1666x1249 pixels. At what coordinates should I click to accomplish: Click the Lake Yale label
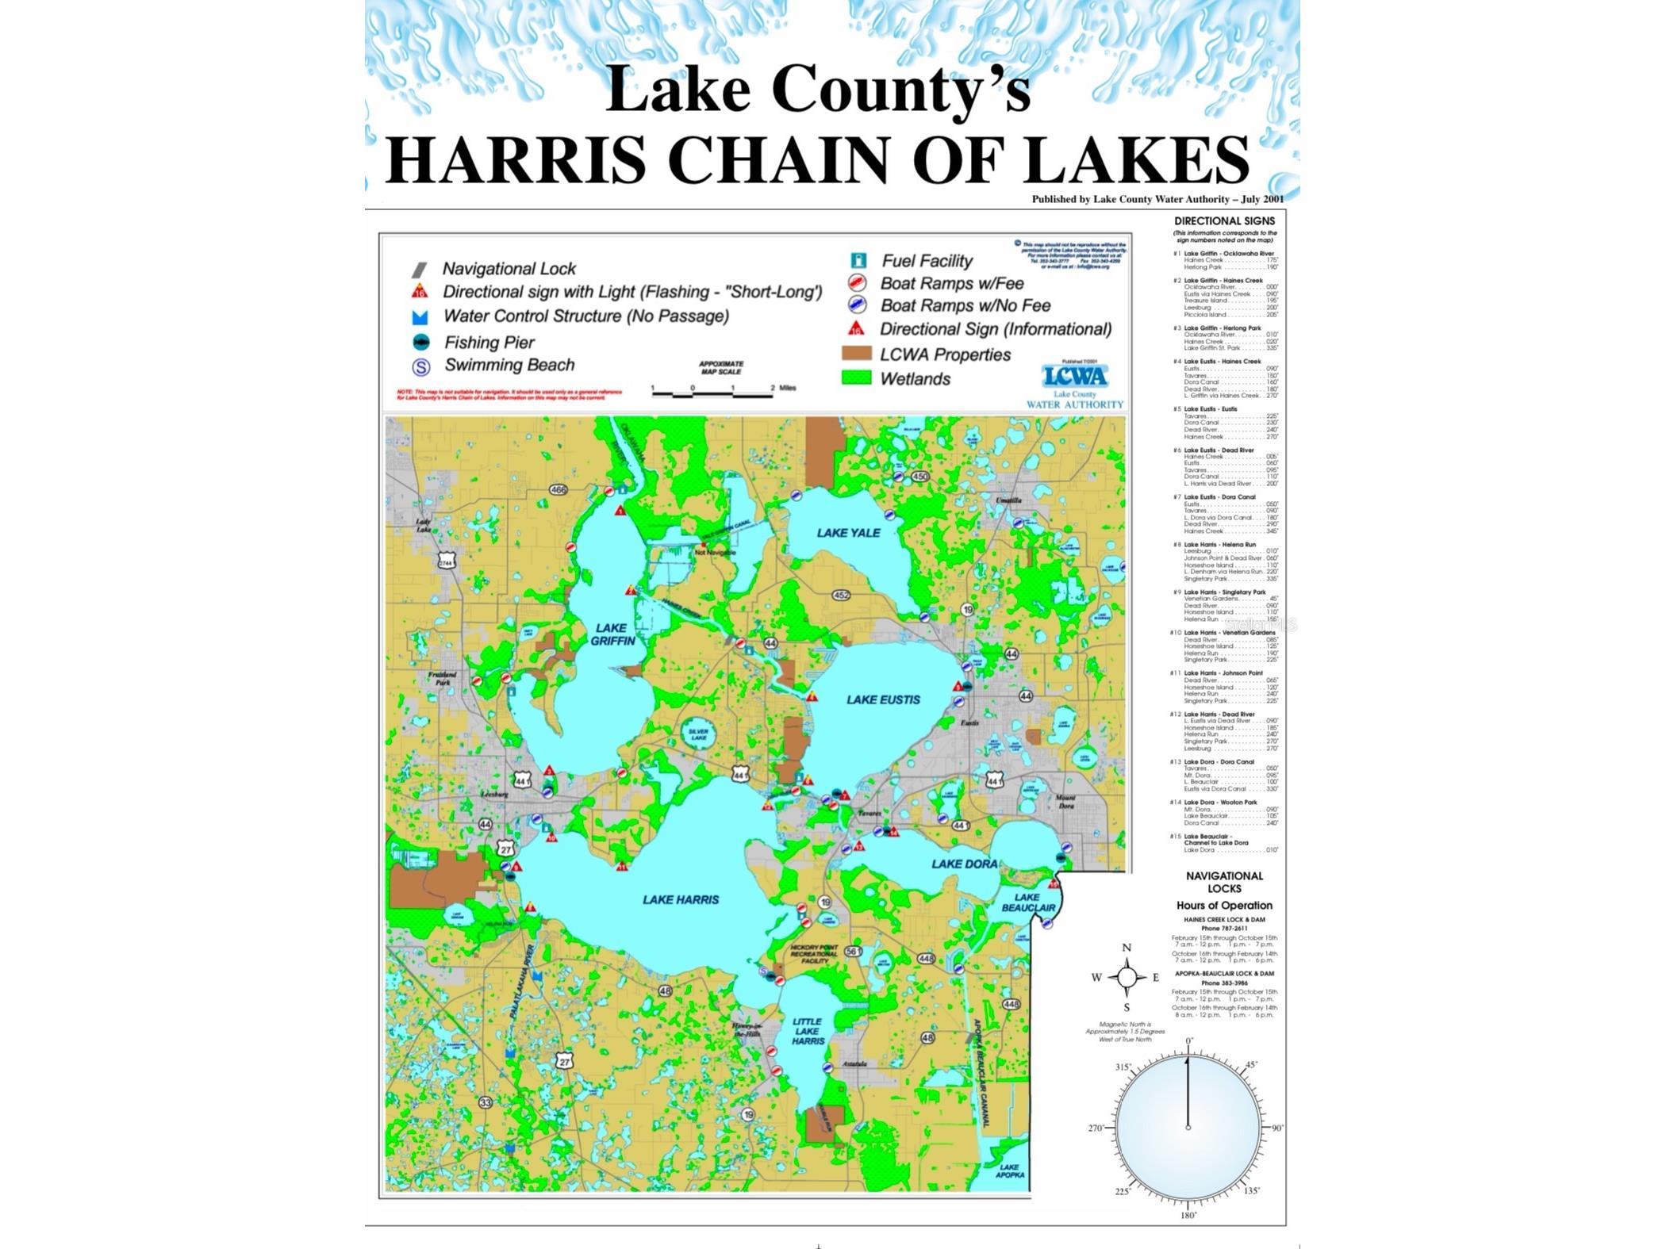click(x=848, y=533)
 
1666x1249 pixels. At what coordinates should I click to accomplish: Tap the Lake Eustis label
click(x=883, y=699)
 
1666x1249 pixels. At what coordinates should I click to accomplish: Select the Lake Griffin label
click(x=612, y=634)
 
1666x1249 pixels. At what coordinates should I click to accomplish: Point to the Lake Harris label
click(x=681, y=899)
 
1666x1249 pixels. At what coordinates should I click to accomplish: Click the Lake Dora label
click(x=964, y=864)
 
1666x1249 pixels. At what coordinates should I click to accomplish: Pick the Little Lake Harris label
click(x=808, y=1031)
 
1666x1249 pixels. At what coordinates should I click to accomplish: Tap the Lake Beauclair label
click(x=1027, y=902)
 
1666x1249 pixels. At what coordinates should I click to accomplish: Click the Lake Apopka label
click(x=1009, y=1170)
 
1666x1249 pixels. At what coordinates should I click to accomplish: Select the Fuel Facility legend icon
click(x=858, y=261)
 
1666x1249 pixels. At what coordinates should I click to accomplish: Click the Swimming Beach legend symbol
click(x=421, y=366)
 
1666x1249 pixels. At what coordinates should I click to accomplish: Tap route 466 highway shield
click(x=559, y=490)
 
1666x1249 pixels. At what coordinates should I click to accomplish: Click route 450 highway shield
click(x=919, y=477)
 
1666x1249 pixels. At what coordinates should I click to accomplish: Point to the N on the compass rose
click(x=1127, y=948)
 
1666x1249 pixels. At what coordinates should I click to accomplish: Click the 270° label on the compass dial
click(x=1096, y=1128)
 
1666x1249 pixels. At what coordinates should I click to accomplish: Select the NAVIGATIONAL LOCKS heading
click(x=1224, y=882)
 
